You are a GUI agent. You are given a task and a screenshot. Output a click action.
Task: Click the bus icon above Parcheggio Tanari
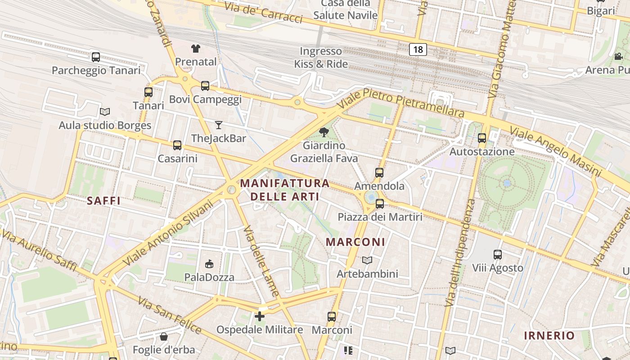pos(96,57)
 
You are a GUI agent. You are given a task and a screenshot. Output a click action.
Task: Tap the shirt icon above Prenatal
pos(195,49)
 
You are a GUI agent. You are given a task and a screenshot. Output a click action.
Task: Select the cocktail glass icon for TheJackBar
pos(219,125)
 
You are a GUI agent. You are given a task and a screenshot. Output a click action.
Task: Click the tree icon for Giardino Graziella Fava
pos(324,132)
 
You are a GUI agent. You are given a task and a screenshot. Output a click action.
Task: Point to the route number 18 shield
pos(418,49)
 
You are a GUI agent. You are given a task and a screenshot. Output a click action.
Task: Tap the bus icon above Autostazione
pos(482,138)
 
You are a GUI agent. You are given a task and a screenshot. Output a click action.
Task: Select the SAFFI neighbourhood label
pos(103,201)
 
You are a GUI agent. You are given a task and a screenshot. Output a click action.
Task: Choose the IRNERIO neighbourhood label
pos(549,335)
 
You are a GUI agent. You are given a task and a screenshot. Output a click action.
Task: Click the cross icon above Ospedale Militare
pos(260,316)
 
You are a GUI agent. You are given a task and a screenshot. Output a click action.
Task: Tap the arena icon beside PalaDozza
pos(209,264)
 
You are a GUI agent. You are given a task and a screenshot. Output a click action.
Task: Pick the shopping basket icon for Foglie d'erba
pos(164,337)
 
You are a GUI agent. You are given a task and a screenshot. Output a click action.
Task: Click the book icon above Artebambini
pos(367,260)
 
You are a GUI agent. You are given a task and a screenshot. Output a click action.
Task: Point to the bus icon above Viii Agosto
pos(498,255)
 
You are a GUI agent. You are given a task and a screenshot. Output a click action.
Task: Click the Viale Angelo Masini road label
pos(555,151)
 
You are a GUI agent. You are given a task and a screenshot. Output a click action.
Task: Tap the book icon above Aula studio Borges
pos(105,112)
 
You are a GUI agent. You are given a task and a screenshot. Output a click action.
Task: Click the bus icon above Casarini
pos(177,145)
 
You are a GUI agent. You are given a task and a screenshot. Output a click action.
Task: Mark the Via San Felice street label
pos(170,315)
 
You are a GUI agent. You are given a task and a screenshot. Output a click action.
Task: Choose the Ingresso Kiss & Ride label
pos(321,58)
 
